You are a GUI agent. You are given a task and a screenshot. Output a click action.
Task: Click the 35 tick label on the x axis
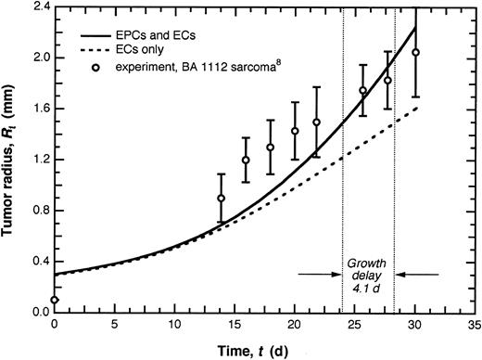coord(475,327)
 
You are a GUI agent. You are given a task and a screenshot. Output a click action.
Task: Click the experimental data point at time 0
coord(55,300)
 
